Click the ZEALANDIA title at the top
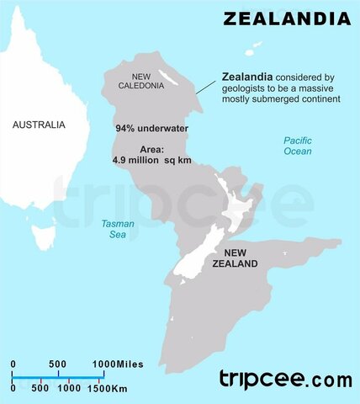click(286, 18)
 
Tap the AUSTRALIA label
click(38, 125)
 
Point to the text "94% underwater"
click(151, 130)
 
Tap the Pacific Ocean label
click(297, 146)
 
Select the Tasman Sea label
click(118, 230)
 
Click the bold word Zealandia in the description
click(246, 75)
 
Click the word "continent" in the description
click(317, 98)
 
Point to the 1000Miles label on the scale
click(118, 364)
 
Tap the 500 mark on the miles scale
click(57, 364)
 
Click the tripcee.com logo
click(285, 379)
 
